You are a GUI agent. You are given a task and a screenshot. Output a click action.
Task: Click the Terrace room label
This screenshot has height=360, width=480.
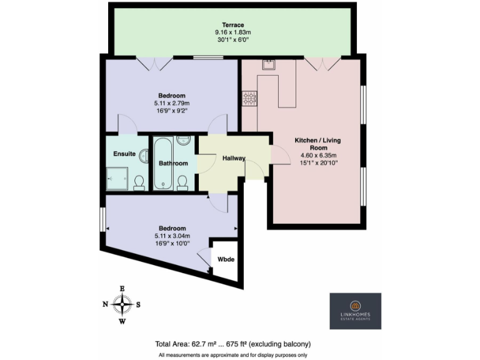pos(233,25)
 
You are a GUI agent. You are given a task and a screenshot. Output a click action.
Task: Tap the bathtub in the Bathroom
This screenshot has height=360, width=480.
pos(163,163)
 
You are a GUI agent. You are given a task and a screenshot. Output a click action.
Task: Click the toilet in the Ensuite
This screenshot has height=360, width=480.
pos(139,182)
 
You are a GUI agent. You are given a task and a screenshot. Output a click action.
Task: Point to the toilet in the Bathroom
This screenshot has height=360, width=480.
pos(182,181)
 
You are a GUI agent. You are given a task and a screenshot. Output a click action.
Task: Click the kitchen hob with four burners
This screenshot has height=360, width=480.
pos(251,98)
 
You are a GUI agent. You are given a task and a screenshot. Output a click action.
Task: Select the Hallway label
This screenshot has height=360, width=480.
pos(234,158)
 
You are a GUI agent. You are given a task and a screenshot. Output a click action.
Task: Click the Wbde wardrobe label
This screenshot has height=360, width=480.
pos(226,259)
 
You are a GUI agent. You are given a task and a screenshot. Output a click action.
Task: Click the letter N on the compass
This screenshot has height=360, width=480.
pos(105,304)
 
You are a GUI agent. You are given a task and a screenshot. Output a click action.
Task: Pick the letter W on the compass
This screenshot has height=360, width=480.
pos(122,322)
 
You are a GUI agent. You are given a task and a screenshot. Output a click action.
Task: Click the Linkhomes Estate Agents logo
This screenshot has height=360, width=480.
pos(355,311)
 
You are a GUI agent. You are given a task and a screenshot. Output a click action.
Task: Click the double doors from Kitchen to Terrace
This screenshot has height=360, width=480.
pos(322,63)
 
